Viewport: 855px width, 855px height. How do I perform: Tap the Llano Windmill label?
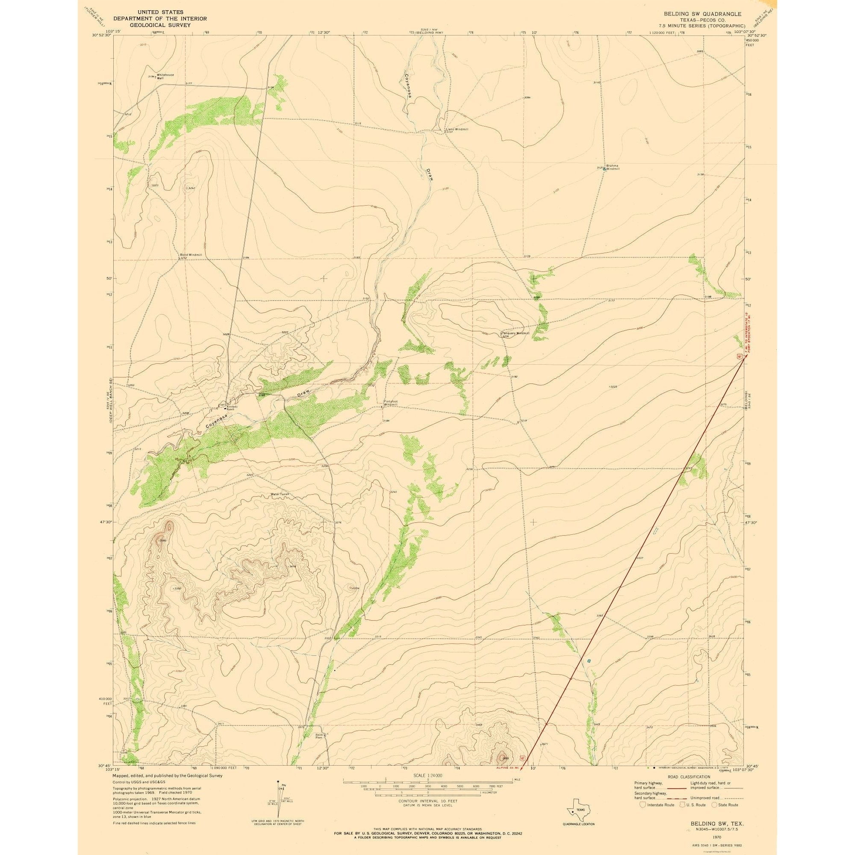coord(457,130)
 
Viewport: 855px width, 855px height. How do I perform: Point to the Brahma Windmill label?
coord(613,167)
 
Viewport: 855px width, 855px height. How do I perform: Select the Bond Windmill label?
coord(191,255)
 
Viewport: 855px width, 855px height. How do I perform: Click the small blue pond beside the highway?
coord(589,673)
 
